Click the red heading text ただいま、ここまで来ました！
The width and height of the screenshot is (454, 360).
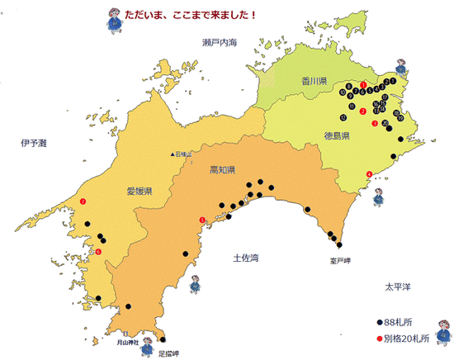click(x=191, y=15)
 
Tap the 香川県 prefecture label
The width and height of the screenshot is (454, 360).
click(x=314, y=81)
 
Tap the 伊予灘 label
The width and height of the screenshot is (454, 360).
click(x=34, y=143)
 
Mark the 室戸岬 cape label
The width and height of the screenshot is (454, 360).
click(x=340, y=260)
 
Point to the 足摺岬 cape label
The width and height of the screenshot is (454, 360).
click(x=169, y=352)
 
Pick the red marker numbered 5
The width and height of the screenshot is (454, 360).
click(x=202, y=220)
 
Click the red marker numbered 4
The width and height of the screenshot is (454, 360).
click(x=368, y=173)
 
